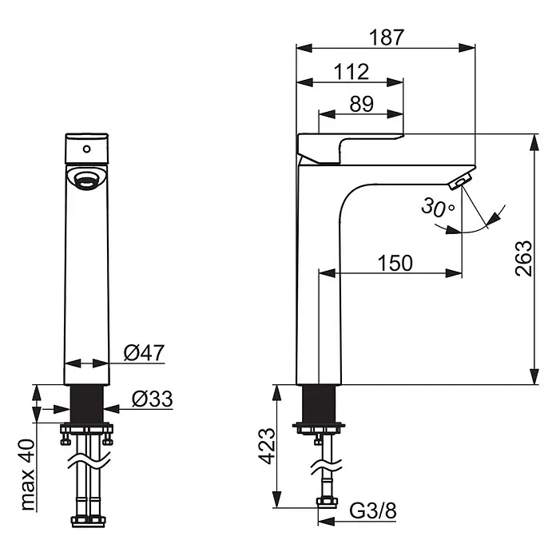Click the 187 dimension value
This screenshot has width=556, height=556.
(387, 38)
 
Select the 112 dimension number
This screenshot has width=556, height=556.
(351, 72)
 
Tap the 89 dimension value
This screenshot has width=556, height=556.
(362, 104)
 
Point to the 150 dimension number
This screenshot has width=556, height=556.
(395, 263)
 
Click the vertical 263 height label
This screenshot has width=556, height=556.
(523, 258)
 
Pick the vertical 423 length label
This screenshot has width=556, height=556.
(266, 446)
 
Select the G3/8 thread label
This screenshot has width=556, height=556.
(373, 511)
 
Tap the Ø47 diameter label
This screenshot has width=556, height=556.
(144, 352)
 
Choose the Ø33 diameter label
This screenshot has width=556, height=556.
(152, 399)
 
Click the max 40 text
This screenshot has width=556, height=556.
(28, 475)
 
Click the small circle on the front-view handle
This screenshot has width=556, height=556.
(86, 149)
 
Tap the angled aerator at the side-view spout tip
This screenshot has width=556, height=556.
(460, 181)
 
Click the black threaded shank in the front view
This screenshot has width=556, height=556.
(87, 404)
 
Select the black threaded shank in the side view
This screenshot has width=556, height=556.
(319, 404)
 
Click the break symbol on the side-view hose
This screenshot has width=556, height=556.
(326, 467)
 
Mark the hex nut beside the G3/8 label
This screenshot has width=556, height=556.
(327, 502)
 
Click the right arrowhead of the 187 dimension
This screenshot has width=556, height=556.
(467, 48)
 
